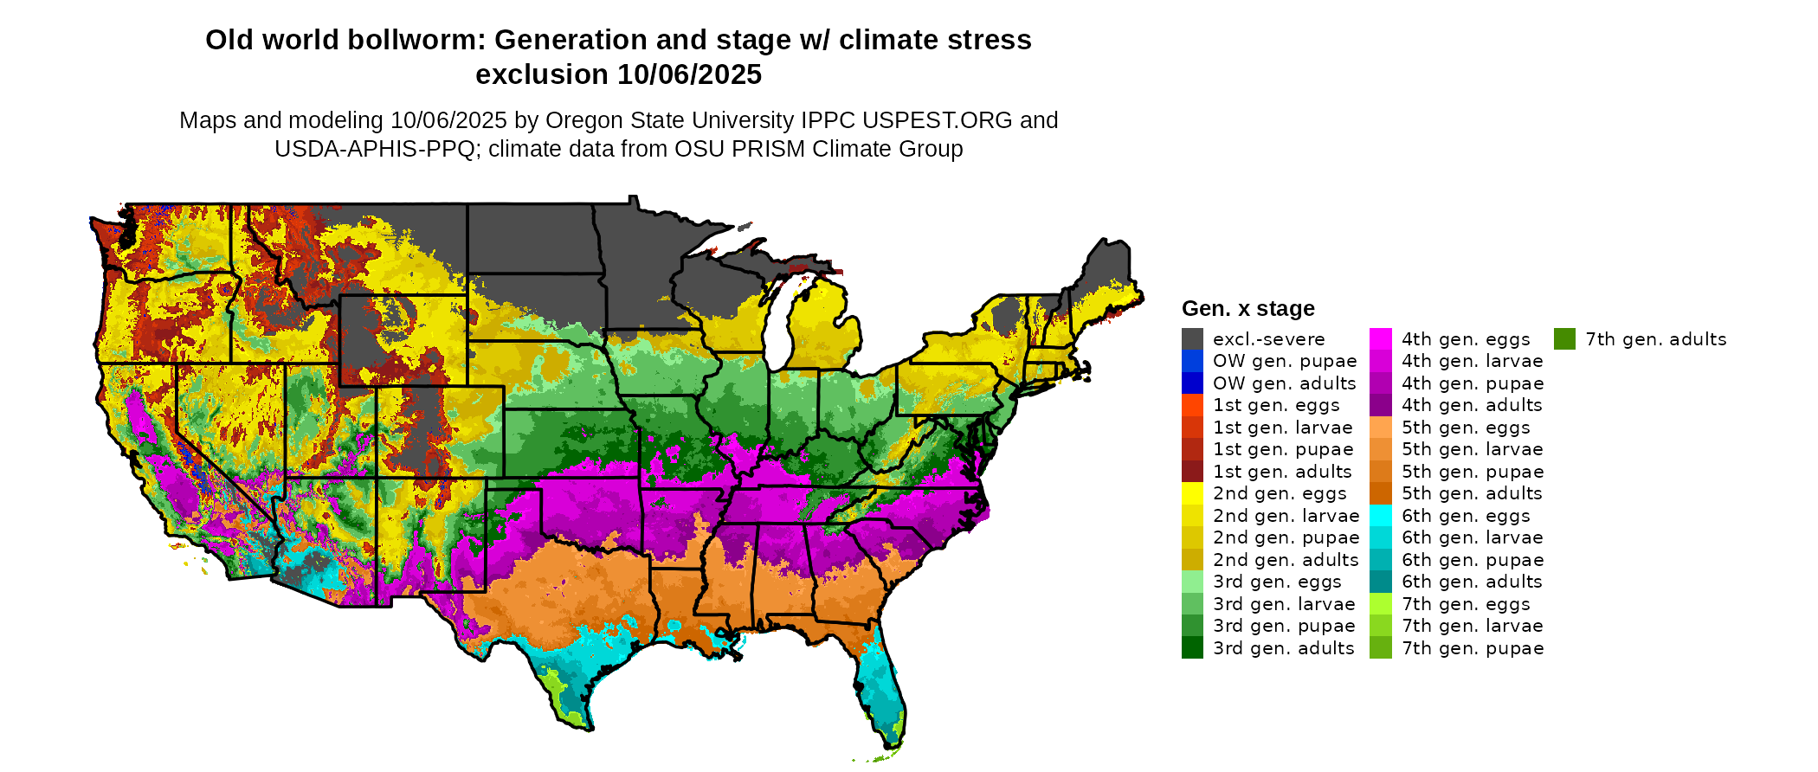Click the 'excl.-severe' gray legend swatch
1192,339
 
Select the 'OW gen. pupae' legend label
1285,361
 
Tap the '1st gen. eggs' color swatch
1192,405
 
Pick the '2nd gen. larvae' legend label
1286,516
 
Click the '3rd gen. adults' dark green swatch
1192,648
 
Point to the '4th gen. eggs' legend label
1466,339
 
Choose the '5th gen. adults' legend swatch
1381,493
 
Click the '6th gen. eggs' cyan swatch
1381,516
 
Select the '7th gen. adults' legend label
1655,339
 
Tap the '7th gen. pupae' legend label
1473,648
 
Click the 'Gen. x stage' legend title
1247,309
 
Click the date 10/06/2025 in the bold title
689,75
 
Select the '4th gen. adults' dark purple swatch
1381,405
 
